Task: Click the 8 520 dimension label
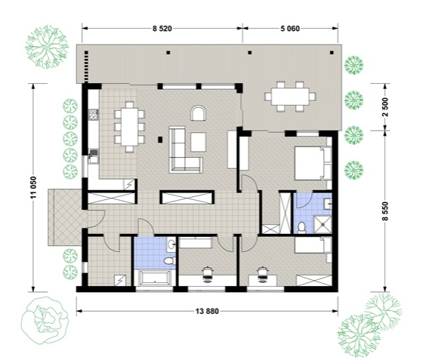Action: (162, 29)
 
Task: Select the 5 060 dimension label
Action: (290, 29)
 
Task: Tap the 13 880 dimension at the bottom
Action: (207, 311)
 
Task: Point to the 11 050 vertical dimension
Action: (33, 187)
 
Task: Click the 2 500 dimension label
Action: (385, 107)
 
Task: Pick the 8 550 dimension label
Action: (385, 211)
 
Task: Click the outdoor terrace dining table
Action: (290, 97)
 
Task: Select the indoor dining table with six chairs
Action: (130, 127)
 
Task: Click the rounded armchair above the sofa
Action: (199, 113)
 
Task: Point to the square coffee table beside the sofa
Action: (198, 142)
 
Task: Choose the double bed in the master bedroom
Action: (313, 163)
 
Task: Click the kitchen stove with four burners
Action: (94, 115)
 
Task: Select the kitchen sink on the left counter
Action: (94, 156)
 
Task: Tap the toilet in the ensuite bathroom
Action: (301, 228)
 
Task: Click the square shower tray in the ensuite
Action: (323, 224)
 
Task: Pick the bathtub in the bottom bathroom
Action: (153, 278)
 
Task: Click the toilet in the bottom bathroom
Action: (170, 261)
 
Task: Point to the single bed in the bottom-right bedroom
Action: (313, 245)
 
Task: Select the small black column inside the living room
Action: (160, 140)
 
